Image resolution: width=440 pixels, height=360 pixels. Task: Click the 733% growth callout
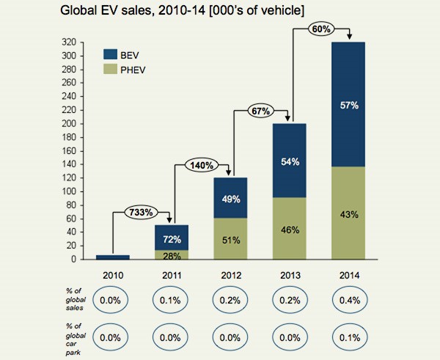140,212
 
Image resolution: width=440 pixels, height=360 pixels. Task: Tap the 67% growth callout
260,111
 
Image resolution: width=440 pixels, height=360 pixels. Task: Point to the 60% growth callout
319,30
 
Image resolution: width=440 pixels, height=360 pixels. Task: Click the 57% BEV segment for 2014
349,105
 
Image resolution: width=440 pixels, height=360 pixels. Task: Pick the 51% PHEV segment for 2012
230,238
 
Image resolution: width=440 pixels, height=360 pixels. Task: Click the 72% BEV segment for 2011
171,238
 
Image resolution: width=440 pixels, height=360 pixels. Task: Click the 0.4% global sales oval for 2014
349,300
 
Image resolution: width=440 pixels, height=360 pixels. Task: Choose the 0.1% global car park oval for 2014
349,339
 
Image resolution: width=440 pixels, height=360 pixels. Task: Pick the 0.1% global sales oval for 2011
171,300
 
